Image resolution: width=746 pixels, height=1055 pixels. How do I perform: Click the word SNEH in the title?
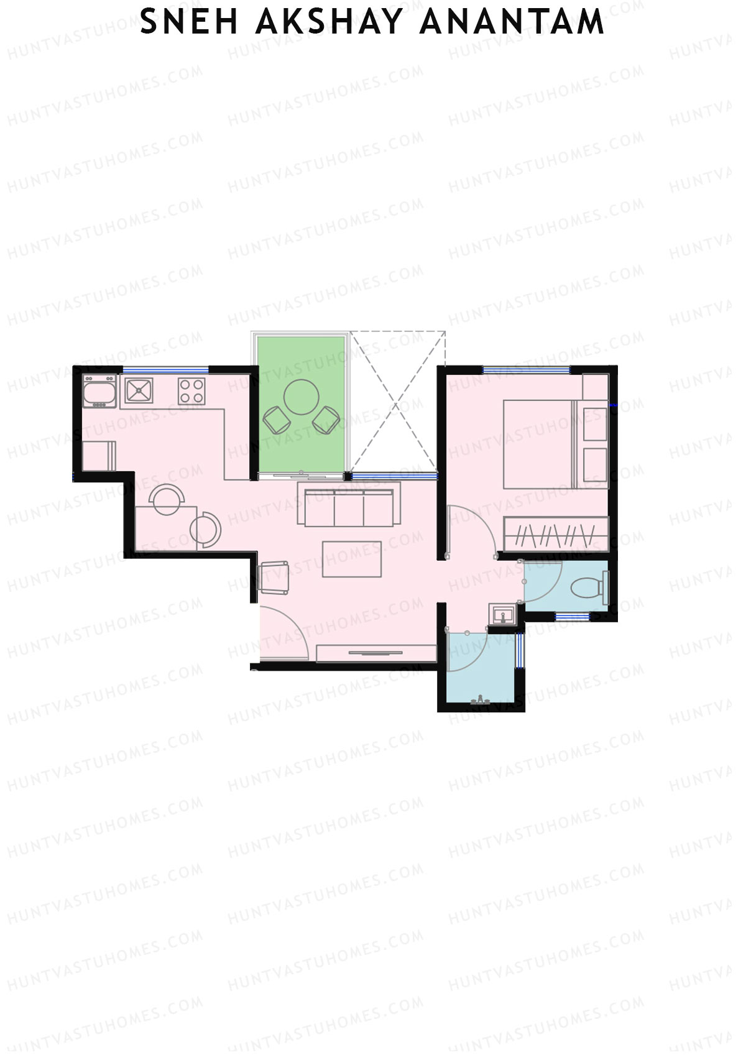click(189, 22)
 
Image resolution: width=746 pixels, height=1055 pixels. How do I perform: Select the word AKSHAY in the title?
click(329, 22)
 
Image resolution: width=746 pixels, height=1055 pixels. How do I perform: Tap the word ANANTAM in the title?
click(511, 22)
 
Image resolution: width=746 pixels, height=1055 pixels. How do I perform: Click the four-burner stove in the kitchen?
click(191, 391)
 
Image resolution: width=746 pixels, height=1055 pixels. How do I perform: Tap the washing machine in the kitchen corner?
click(99, 391)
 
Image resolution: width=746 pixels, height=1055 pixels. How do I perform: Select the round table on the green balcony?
click(302, 397)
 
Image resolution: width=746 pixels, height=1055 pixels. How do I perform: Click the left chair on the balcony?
click(276, 420)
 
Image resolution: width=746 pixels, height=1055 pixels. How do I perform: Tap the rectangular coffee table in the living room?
click(352, 559)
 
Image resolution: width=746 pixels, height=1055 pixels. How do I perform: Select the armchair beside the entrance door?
click(274, 577)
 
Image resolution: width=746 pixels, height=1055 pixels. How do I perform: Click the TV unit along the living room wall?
click(375, 653)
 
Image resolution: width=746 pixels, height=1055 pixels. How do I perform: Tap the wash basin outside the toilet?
click(502, 614)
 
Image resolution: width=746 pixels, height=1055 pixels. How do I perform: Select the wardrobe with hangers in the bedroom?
click(556, 533)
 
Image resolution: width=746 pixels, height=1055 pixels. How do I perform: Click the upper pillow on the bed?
click(595, 423)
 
